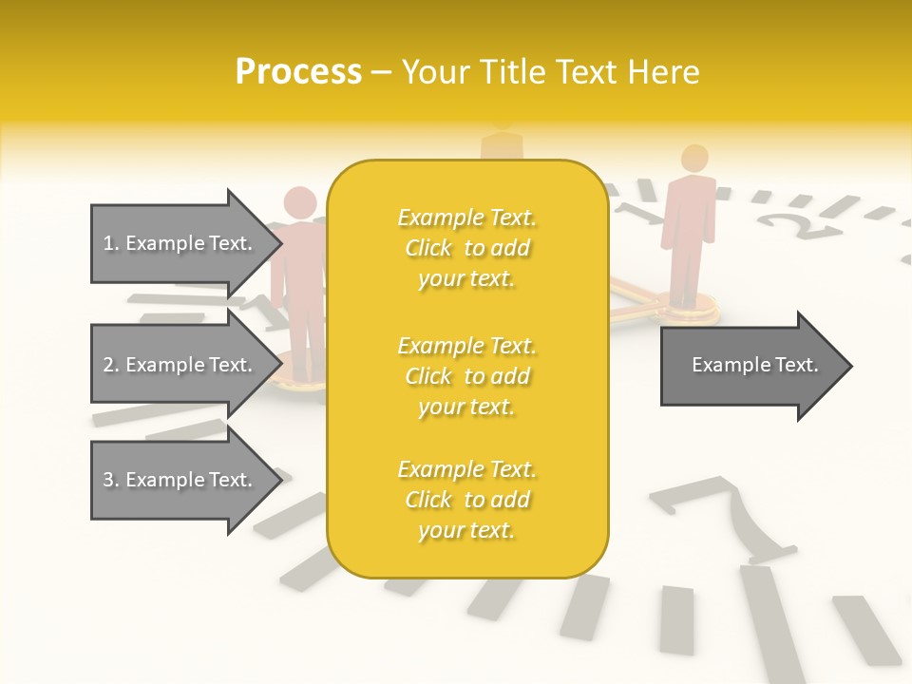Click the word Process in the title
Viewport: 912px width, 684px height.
click(x=298, y=72)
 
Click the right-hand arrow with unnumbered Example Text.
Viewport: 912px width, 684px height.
click(x=755, y=365)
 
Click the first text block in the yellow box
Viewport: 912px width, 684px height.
click(x=466, y=248)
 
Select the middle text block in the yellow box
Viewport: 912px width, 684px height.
click(x=466, y=376)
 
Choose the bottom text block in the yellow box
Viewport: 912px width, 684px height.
click(x=466, y=500)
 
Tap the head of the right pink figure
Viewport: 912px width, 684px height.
click(x=695, y=158)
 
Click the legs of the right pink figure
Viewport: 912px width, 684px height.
click(x=688, y=271)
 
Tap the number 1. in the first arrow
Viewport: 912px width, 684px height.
click(x=111, y=243)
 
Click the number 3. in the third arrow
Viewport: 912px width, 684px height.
click(x=111, y=480)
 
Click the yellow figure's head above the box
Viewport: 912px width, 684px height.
click(x=502, y=122)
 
